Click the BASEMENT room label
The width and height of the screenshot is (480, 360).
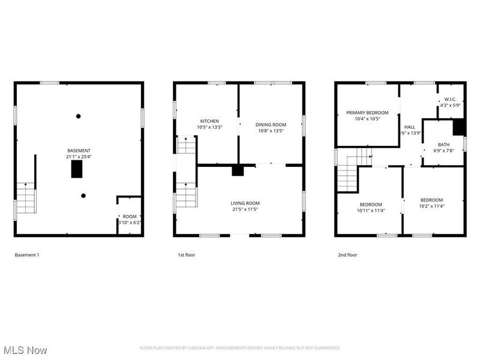79,150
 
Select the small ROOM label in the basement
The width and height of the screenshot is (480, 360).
130,216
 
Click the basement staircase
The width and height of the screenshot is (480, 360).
26,198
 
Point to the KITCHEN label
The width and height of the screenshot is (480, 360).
209,121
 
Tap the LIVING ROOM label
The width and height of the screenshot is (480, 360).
245,203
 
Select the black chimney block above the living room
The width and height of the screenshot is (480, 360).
238,171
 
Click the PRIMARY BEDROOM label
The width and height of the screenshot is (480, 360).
367,112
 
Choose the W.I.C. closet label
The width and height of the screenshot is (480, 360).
450,100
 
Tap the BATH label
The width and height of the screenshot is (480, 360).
443,144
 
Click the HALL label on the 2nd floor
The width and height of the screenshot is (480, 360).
410,127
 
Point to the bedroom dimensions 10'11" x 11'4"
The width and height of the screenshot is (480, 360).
370,210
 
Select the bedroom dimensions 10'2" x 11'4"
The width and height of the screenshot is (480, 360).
431,206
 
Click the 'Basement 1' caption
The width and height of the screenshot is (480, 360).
27,255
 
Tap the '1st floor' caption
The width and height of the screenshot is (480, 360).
186,255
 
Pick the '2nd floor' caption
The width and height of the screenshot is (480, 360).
347,255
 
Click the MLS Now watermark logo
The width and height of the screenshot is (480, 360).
25,349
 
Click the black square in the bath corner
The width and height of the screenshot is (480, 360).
458,127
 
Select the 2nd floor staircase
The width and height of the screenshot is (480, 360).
348,171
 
